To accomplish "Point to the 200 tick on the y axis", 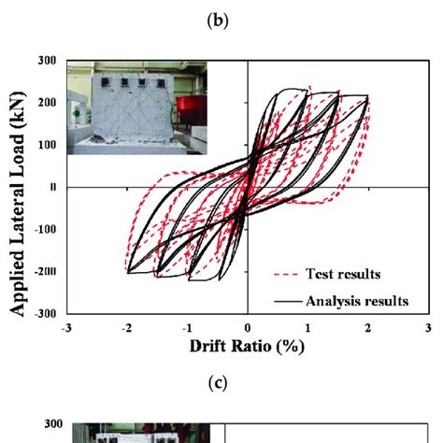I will (x=47, y=103).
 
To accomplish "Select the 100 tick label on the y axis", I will (x=47, y=145).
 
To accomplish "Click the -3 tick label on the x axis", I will (x=65, y=328).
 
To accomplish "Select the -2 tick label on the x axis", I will (x=125, y=328).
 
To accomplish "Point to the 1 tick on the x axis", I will (x=307, y=328).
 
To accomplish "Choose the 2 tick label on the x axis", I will (x=367, y=328).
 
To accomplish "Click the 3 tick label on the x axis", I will (x=427, y=328).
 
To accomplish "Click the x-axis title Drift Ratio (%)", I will (x=247, y=346).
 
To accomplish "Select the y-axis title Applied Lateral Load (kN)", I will (x=17, y=187).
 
